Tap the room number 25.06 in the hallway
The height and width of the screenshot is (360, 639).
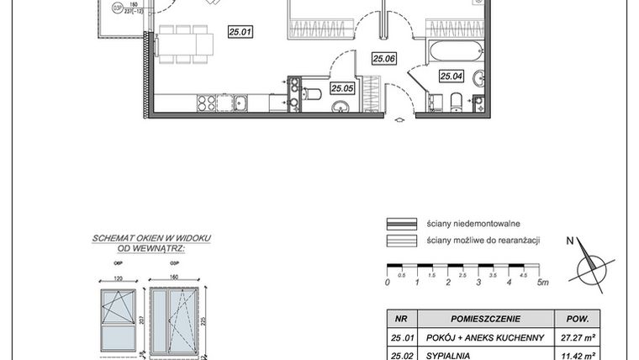tap(383, 58)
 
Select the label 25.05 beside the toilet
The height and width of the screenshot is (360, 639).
tap(341, 87)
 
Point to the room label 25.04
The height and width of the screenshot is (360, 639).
tap(452, 76)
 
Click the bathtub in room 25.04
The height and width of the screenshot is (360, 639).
tap(452, 50)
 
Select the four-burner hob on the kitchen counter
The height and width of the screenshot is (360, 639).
tap(207, 103)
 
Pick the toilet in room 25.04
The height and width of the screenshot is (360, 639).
tap(455, 103)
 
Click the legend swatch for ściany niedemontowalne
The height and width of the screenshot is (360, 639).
tap(402, 224)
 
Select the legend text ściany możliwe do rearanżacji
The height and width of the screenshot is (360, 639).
tap(483, 241)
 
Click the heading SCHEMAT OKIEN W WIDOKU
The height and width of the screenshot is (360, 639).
tap(151, 239)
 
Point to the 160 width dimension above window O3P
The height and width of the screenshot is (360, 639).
tap(173, 277)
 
